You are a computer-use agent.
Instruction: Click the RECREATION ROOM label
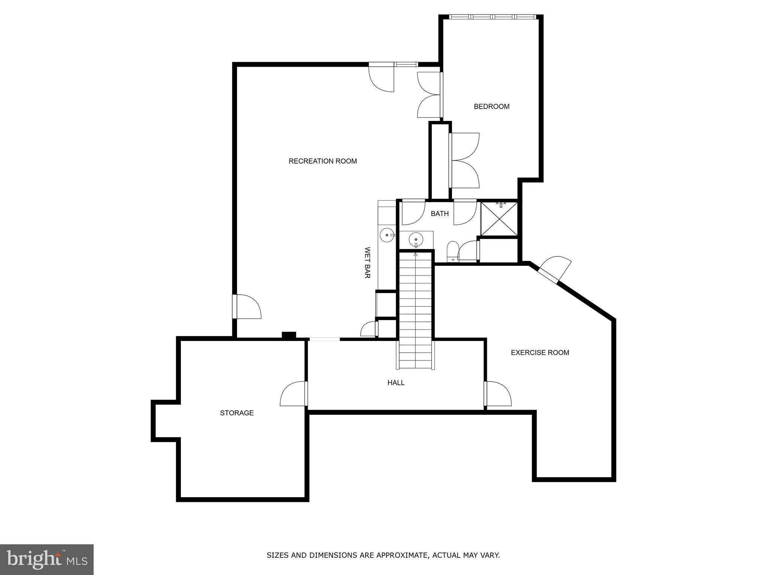tap(322, 161)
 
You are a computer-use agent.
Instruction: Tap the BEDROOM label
tap(491, 106)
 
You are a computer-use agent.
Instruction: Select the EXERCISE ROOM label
tap(540, 352)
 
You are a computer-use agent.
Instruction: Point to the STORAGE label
tap(237, 413)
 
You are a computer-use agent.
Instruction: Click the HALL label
tap(396, 383)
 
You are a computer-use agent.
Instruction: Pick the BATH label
tap(439, 214)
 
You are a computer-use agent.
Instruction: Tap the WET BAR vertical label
tap(367, 262)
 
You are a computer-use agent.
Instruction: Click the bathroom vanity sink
tap(416, 239)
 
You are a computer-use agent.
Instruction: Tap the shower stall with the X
tap(499, 219)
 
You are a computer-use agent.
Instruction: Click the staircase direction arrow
tap(415, 255)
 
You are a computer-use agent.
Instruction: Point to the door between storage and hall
tap(294, 394)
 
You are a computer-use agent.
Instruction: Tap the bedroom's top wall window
tap(493, 17)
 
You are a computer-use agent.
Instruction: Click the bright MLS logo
tap(47, 559)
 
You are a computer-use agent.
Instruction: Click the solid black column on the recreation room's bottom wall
tap(289, 335)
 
